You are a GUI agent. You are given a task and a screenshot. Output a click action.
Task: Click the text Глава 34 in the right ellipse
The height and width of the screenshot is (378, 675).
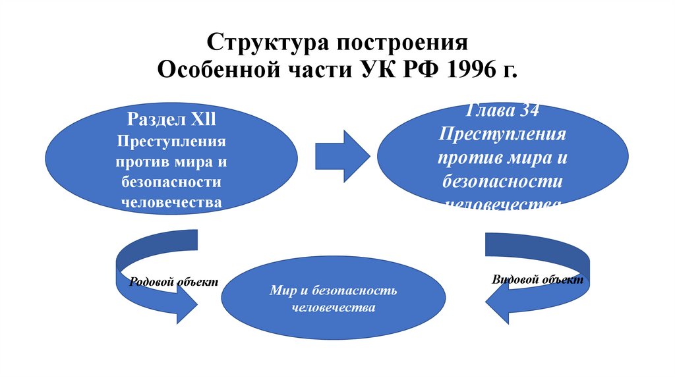(502, 111)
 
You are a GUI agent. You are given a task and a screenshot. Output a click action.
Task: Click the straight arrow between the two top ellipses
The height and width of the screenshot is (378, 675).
(343, 155)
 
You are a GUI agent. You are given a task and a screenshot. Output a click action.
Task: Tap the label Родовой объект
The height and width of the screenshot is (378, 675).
(173, 281)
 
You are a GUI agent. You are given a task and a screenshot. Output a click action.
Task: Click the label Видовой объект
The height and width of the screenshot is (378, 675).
(538, 279)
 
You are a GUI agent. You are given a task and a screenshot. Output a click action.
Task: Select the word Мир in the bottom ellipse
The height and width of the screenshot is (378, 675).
(281, 290)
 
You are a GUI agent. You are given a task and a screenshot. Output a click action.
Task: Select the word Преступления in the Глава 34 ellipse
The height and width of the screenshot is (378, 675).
(502, 134)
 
